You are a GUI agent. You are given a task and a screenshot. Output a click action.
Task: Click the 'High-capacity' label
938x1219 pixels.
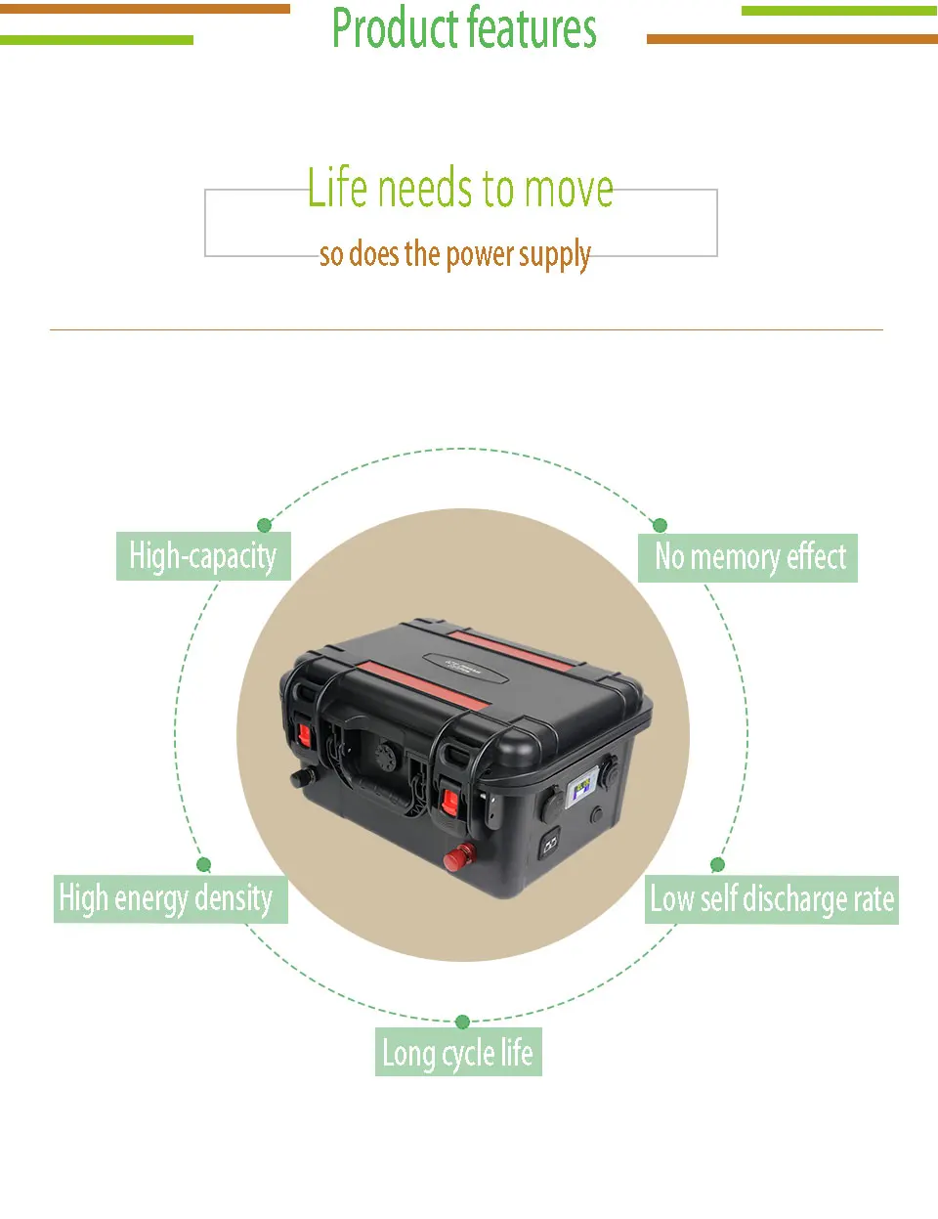click(x=203, y=556)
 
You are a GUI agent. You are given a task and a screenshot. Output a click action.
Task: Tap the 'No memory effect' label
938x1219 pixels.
click(x=748, y=557)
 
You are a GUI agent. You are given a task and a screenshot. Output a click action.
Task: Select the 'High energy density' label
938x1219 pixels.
click(x=170, y=898)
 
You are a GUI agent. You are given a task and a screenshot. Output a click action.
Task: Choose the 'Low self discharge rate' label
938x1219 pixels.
click(x=773, y=899)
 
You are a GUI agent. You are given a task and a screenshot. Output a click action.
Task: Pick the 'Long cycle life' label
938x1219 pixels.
click(x=458, y=1052)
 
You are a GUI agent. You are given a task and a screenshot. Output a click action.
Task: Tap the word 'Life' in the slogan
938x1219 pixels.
click(x=337, y=188)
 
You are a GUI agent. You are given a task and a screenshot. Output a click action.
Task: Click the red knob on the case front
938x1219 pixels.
click(x=455, y=858)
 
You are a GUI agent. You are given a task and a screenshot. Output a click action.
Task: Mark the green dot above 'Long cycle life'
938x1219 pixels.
click(x=462, y=1023)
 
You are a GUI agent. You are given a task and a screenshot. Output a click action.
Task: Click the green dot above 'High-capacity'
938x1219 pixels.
click(x=264, y=526)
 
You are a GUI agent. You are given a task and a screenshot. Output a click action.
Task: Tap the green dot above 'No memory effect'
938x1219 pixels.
click(x=660, y=526)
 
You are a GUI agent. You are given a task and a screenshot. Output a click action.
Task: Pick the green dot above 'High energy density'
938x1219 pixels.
click(x=203, y=865)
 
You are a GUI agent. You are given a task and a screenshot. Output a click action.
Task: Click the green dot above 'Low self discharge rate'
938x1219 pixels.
click(x=717, y=865)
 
